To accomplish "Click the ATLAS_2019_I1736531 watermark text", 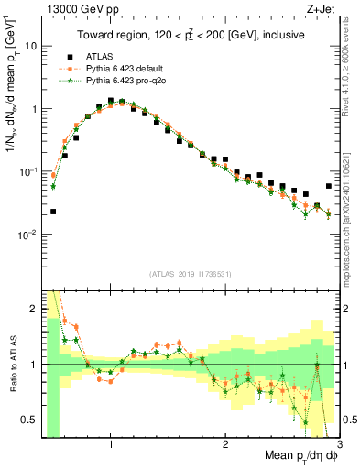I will (x=191, y=274).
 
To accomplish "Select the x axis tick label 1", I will (x=110, y=442).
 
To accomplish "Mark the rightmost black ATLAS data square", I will (x=329, y=186).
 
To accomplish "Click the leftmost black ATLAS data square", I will (x=53, y=212).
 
